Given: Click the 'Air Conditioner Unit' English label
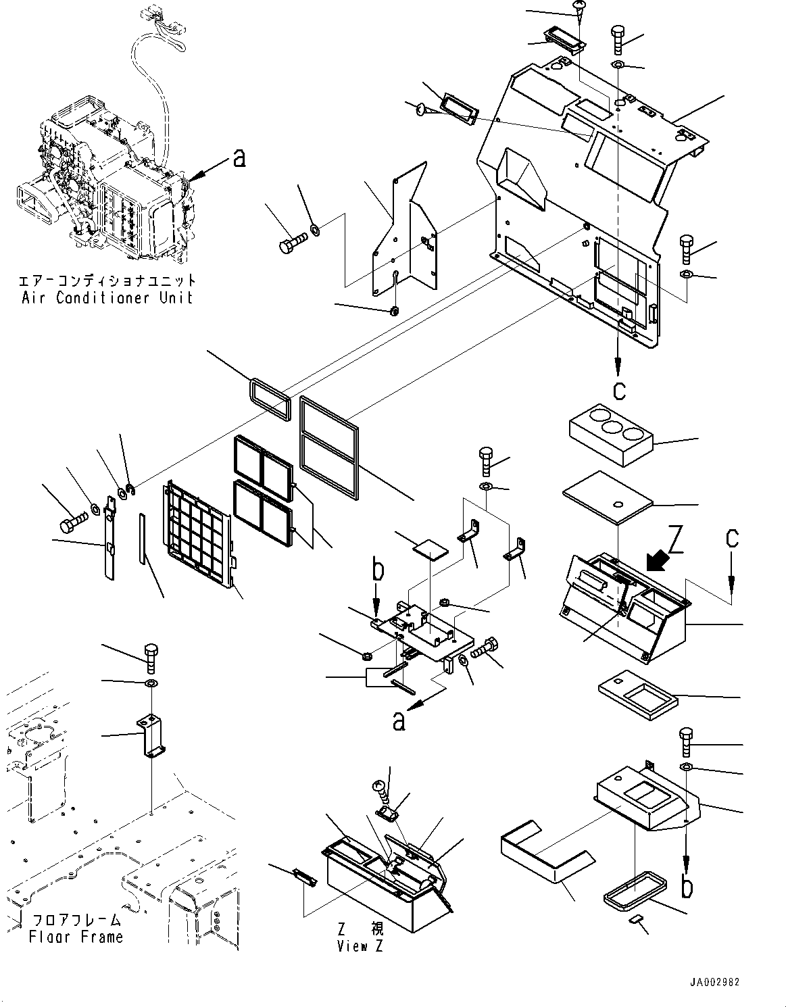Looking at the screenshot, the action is click(x=107, y=298).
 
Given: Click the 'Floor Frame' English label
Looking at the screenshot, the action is click(x=76, y=937).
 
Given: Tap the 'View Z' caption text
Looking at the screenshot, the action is click(x=360, y=946).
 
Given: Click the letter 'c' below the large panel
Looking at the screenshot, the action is click(x=618, y=390).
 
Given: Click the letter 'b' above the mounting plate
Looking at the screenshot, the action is click(x=378, y=570).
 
